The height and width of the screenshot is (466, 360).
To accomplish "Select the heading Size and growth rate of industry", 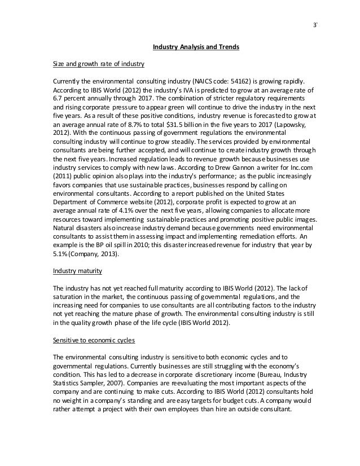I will tap(99, 63).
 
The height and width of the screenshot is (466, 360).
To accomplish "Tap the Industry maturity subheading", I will tap(77, 271).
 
